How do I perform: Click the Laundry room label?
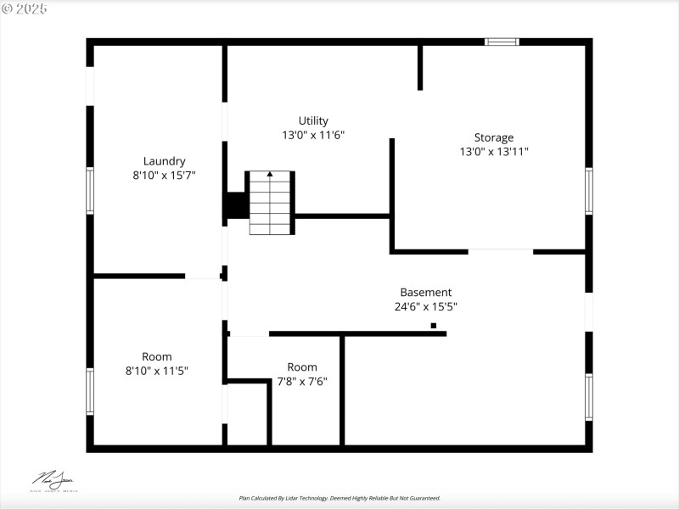click(x=164, y=161)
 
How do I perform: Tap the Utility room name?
click(x=313, y=120)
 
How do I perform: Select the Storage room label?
click(x=493, y=137)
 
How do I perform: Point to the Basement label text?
click(x=425, y=293)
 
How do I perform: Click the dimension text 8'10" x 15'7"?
click(x=164, y=176)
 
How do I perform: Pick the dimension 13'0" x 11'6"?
click(x=313, y=135)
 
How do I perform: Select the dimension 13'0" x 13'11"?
click(x=493, y=152)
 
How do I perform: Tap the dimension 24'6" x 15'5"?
click(x=425, y=307)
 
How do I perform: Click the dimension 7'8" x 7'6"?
click(x=302, y=382)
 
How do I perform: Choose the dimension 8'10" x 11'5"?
click(x=157, y=371)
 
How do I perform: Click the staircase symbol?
click(x=271, y=203)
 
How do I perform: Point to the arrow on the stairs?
click(x=271, y=175)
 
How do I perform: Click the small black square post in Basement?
click(x=433, y=326)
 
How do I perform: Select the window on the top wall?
click(x=502, y=41)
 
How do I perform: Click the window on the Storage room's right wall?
click(x=588, y=191)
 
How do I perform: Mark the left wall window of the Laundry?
click(x=90, y=190)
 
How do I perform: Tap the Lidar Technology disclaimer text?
click(x=339, y=498)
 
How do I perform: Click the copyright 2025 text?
click(x=25, y=8)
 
